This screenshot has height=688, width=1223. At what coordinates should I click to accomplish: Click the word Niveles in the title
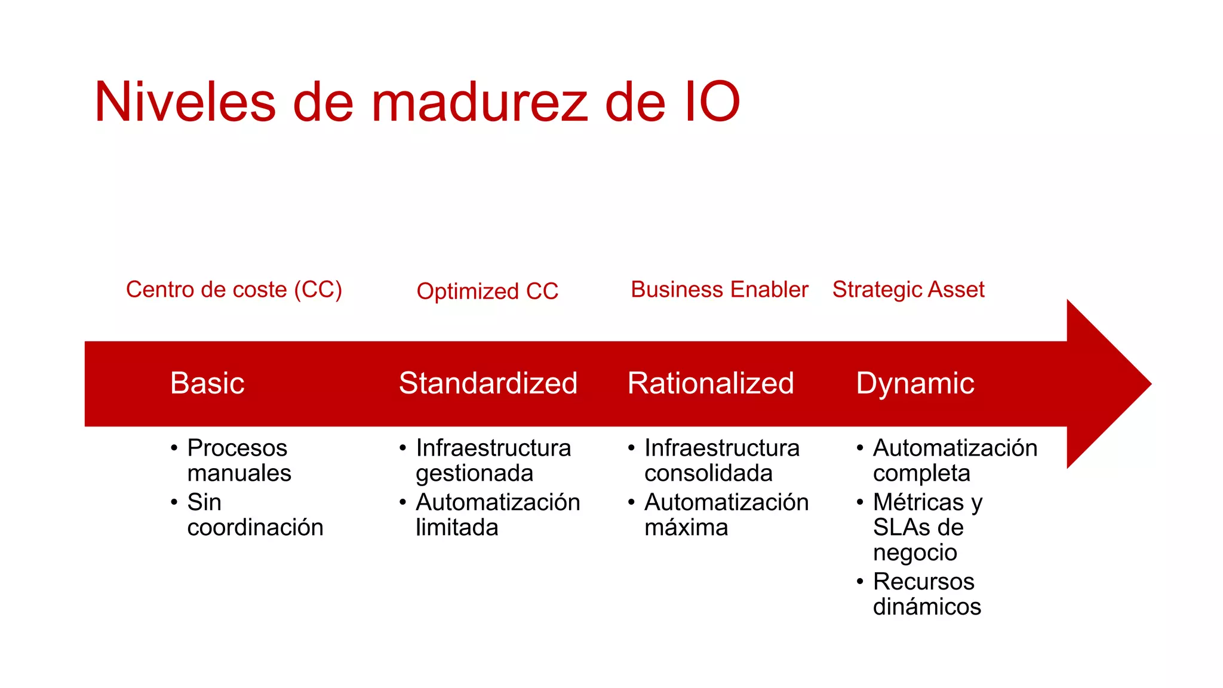pos(185,102)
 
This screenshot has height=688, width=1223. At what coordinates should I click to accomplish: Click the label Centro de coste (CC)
pos(233,290)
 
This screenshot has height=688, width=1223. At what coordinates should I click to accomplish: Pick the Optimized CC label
pos(487,291)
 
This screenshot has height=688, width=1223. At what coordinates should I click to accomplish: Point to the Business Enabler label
pos(719,290)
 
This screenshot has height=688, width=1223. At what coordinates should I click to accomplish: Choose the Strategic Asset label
pos(908,290)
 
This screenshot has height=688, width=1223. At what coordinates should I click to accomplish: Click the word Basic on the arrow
pos(207,383)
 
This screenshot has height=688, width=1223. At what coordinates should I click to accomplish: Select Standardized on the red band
pos(488,383)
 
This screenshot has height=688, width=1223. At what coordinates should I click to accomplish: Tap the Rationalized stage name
pos(711,383)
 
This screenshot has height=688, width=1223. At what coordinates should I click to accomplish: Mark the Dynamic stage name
pos(915,383)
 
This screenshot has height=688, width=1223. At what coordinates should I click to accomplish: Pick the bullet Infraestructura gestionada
pos(493,460)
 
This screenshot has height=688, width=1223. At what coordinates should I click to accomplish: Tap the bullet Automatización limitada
pos(497,515)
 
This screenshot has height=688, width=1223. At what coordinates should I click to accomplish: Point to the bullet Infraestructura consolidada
pos(721,460)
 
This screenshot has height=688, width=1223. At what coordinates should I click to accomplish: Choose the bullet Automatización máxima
pos(726,515)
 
